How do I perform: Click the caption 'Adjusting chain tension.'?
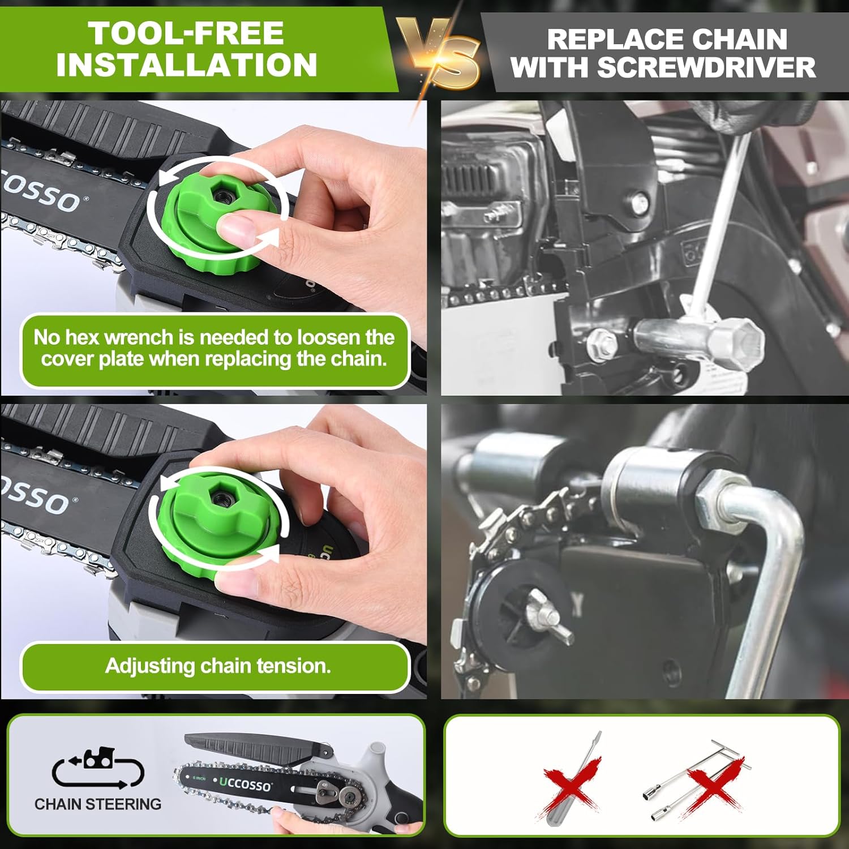[218, 666]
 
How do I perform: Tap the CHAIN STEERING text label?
[98, 804]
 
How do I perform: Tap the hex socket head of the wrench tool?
[736, 342]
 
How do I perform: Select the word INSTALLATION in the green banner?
[186, 65]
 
